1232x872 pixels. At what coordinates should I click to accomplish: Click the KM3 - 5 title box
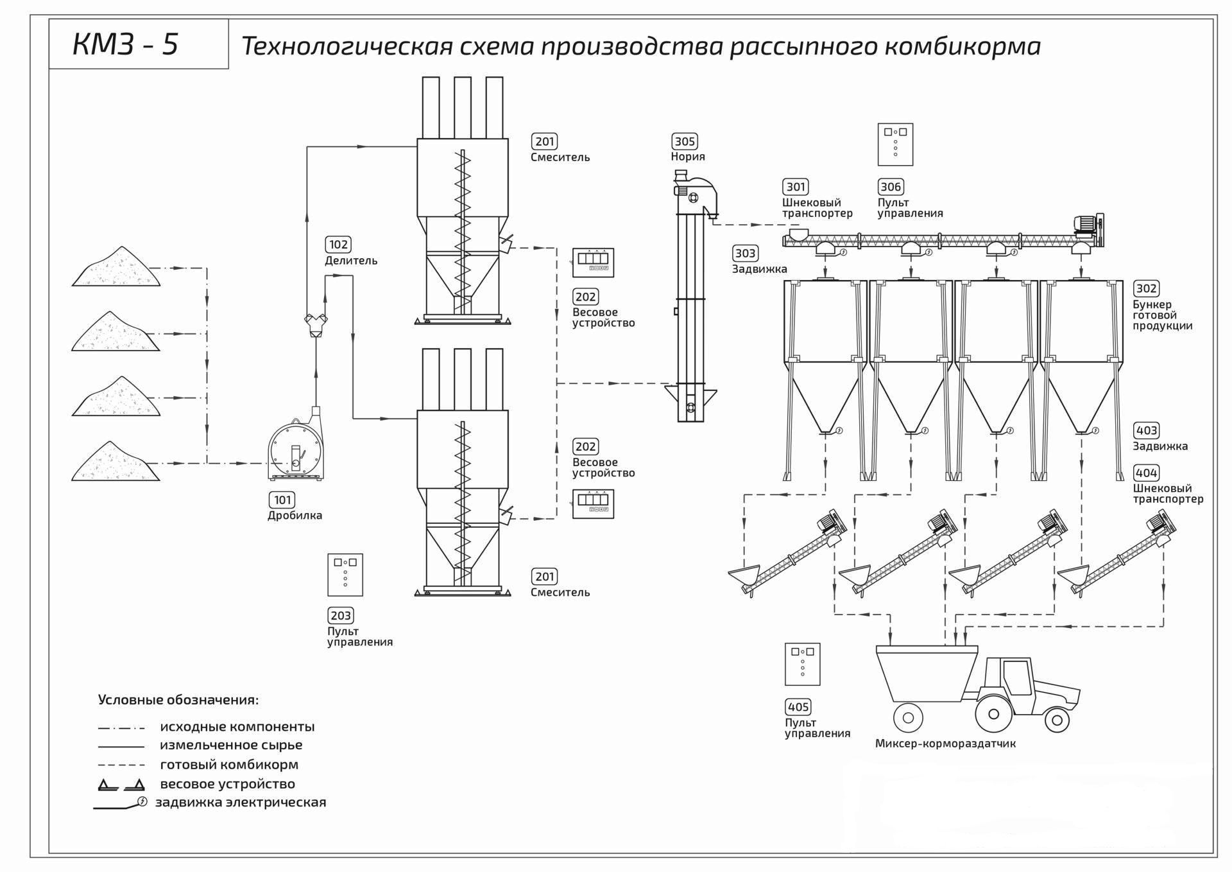[138, 44]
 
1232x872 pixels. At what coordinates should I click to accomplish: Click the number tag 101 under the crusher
[282, 500]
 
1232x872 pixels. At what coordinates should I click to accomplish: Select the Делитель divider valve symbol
[315, 323]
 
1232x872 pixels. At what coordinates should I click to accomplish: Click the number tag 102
[338, 245]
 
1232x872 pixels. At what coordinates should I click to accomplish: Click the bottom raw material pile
[116, 462]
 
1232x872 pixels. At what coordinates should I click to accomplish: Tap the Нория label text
[687, 157]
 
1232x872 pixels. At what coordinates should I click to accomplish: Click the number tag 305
[685, 141]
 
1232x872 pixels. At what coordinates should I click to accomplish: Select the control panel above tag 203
[345, 575]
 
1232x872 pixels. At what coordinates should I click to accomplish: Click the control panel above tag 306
[895, 144]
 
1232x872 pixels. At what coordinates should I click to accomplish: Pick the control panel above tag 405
[802, 664]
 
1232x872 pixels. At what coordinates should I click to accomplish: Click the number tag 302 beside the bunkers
[1146, 289]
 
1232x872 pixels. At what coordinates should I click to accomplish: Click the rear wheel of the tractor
[993, 713]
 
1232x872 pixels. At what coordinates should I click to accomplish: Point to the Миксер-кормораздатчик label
[945, 744]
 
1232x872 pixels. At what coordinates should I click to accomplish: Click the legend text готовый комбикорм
[229, 765]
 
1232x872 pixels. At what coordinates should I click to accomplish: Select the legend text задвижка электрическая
[241, 802]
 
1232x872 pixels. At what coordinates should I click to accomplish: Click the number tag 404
[1146, 473]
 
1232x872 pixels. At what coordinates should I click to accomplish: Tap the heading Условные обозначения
[178, 700]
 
